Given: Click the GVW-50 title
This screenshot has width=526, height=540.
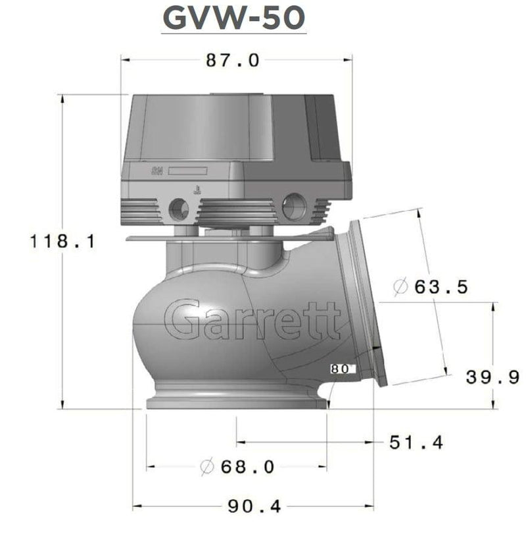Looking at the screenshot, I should pyautogui.click(x=233, y=19).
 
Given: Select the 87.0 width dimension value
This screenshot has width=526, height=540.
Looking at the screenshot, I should pyautogui.click(x=233, y=61).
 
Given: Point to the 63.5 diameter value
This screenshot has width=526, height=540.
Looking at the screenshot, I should pyautogui.click(x=440, y=287).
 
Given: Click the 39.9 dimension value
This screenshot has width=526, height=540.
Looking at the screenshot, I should pyautogui.click(x=493, y=377).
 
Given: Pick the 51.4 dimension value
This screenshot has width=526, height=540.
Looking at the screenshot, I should pyautogui.click(x=416, y=442).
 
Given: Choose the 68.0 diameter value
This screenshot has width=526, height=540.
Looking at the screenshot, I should pyautogui.click(x=247, y=467).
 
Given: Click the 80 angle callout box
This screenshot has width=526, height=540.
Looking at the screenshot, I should pyautogui.click(x=341, y=369).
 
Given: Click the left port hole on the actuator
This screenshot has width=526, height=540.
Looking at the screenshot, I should pyautogui.click(x=178, y=209).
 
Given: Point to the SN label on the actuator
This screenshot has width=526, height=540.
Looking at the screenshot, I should pyautogui.click(x=158, y=172).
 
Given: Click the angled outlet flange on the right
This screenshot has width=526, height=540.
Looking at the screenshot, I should pyautogui.click(x=365, y=303).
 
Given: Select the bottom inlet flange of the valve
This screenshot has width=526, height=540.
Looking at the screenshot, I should pyautogui.click(x=235, y=402).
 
